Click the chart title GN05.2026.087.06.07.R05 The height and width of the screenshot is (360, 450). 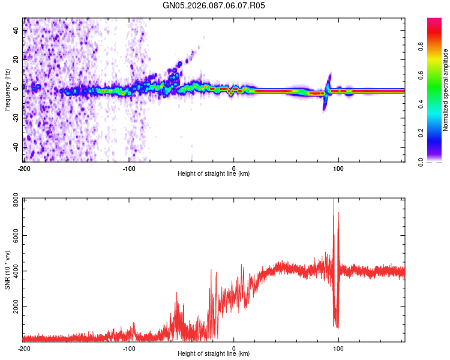pos(214,5)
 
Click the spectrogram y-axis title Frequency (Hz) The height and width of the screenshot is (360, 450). pos(7,90)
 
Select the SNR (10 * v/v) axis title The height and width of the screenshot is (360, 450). pos(7,270)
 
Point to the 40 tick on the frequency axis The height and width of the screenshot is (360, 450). pos(17,31)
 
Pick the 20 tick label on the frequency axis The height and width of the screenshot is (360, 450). pos(17,59)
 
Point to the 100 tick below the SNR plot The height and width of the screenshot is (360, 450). pos(338,348)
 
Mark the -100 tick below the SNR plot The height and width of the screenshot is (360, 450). pos(128,348)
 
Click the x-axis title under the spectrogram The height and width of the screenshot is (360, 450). pos(214,174)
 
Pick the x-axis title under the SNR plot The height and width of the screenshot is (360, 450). pos(214,354)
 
